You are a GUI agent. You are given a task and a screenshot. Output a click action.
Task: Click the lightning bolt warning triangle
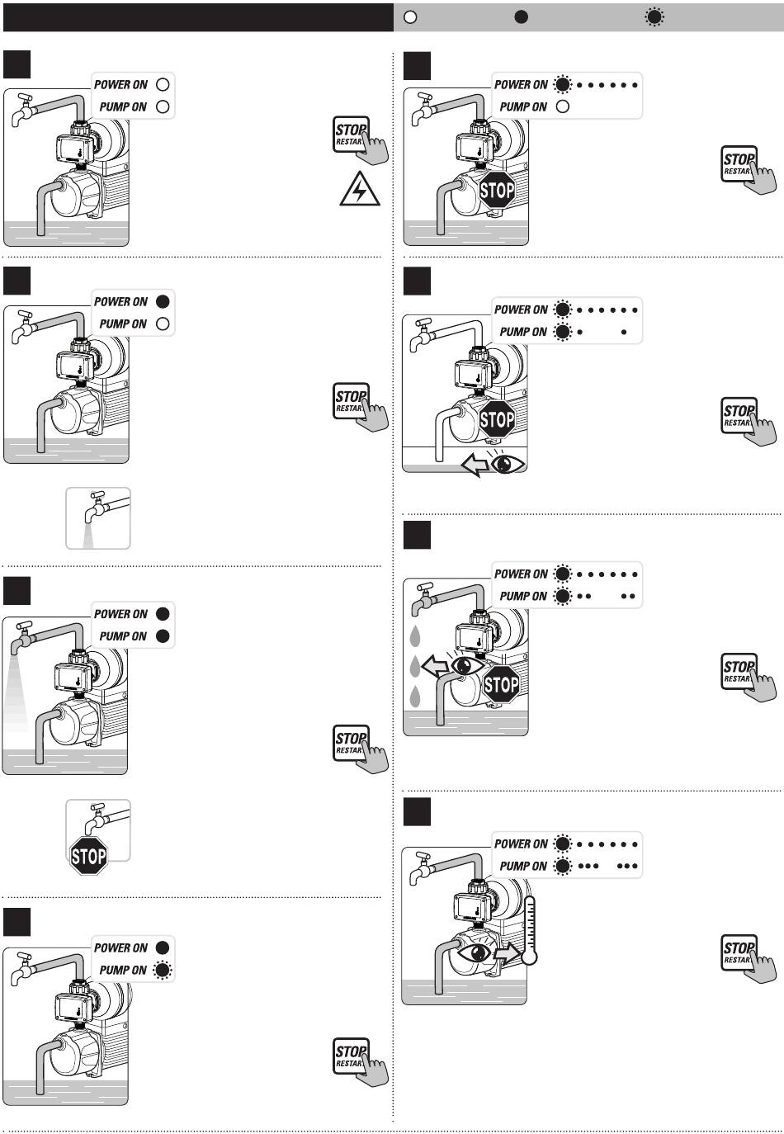point(359,189)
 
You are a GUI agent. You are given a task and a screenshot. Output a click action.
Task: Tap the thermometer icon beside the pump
point(530,929)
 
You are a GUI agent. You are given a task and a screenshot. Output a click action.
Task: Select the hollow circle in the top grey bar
point(410,17)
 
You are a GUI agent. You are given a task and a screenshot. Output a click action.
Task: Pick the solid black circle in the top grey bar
point(521,17)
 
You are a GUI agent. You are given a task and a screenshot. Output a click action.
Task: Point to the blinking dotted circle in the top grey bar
point(654,17)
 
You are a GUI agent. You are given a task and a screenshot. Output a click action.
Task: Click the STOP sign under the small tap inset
point(88,856)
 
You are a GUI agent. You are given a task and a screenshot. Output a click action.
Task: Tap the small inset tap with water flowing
point(98,518)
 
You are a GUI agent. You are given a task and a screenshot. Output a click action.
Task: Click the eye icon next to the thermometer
point(475,952)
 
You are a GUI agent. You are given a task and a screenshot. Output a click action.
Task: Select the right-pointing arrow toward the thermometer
point(507,954)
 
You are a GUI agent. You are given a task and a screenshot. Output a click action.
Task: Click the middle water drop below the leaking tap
point(415,666)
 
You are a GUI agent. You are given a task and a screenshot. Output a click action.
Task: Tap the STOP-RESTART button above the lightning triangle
point(360,139)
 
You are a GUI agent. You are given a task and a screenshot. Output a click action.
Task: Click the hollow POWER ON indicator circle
point(163,84)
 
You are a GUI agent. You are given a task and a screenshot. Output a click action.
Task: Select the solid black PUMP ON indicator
point(163,636)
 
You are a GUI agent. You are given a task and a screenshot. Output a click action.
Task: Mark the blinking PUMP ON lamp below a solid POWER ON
point(163,970)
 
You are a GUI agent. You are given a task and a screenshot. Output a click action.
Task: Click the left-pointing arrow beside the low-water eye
point(475,464)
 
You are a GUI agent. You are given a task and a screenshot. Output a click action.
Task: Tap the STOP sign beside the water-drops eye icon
point(502,684)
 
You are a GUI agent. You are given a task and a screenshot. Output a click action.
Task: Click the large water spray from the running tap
point(17,693)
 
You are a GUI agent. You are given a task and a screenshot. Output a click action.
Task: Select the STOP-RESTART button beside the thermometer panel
point(748,957)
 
